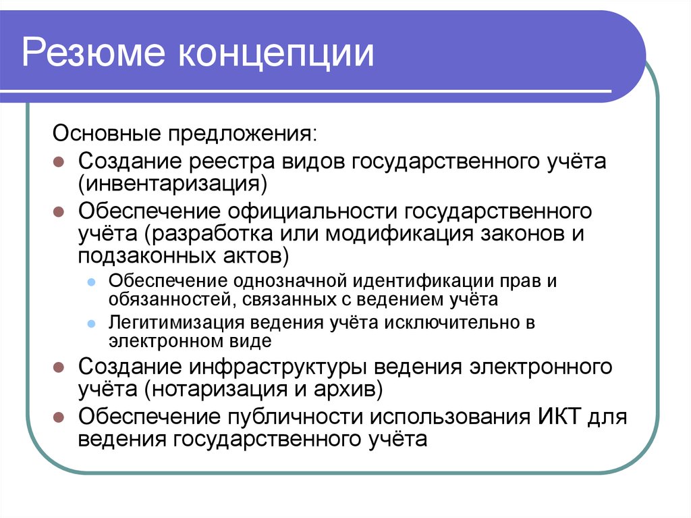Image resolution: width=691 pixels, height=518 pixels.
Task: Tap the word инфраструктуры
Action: point(277,367)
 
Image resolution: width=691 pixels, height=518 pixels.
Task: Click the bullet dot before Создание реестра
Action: point(59,163)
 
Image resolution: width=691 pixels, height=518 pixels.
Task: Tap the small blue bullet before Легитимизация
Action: point(91,323)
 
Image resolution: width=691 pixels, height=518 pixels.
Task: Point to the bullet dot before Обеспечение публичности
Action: point(59,416)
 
